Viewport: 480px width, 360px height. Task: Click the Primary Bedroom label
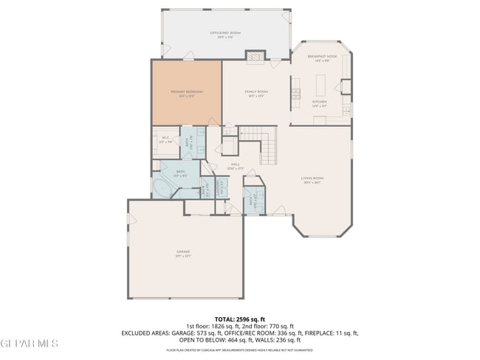tap(186, 92)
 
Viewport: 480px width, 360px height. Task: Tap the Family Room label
tap(256, 92)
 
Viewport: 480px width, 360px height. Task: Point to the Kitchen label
tap(319, 103)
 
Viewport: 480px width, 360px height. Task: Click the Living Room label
tap(312, 179)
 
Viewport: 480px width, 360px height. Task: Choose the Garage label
tap(183, 252)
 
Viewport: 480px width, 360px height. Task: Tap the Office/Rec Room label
tap(225, 34)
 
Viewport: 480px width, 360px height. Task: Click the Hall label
tap(236, 165)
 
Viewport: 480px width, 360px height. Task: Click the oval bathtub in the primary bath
tap(163, 187)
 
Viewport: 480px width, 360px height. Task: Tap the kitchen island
tap(295, 92)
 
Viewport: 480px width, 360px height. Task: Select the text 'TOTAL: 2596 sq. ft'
tap(240, 319)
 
